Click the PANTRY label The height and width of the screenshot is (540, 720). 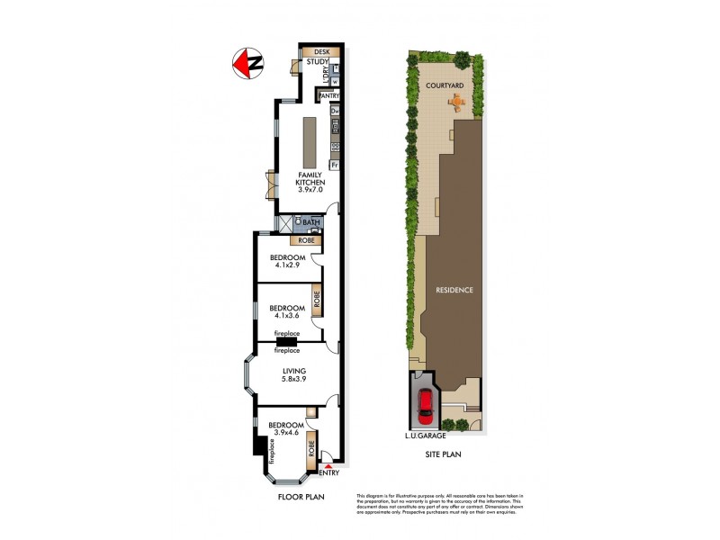tap(328, 94)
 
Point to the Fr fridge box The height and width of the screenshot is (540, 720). tap(334, 166)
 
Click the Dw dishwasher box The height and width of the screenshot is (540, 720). tap(335, 112)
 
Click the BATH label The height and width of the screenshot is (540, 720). tap(310, 222)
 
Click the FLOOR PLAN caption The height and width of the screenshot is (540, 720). tap(301, 496)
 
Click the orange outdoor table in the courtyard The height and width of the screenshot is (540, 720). tap(458, 103)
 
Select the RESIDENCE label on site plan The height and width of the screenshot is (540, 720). tap(454, 290)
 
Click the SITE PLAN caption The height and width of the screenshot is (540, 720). tap(443, 455)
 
